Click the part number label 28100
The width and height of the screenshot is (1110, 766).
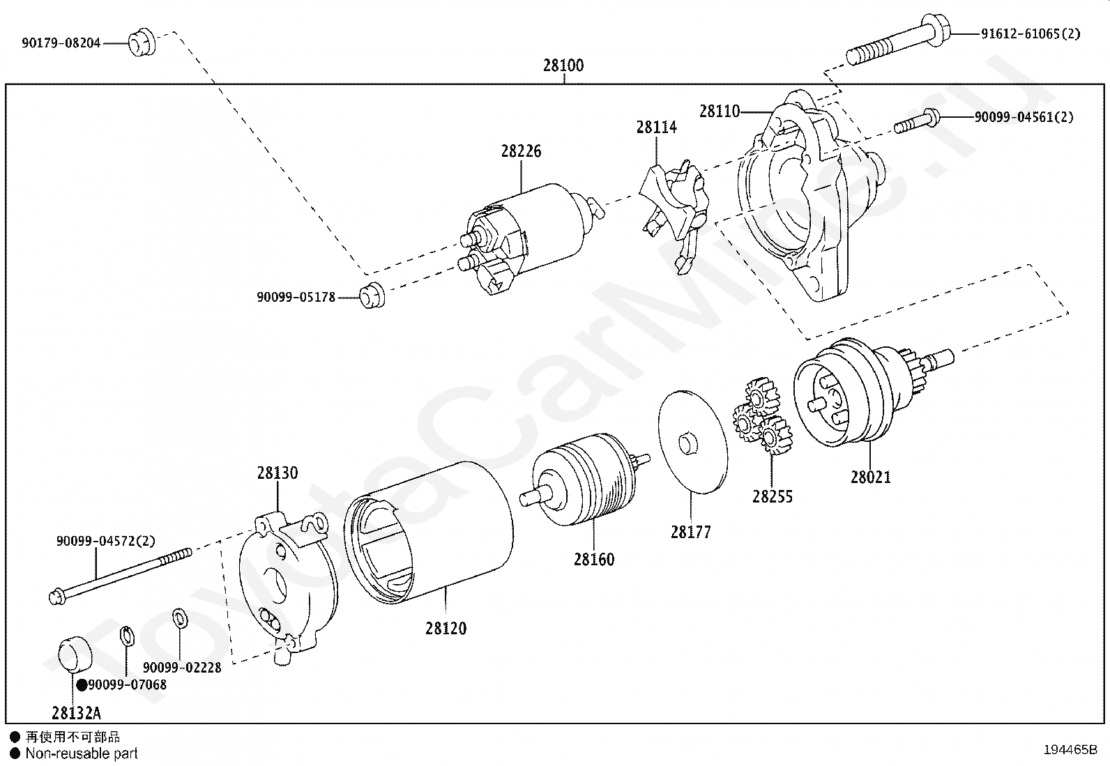point(563,66)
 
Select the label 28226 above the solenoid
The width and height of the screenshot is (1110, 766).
point(521,151)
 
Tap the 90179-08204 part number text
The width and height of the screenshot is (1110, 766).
point(61,43)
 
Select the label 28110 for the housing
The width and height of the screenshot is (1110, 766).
point(719,112)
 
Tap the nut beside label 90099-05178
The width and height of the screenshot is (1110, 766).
point(372,296)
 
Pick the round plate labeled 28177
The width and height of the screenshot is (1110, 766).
point(692,442)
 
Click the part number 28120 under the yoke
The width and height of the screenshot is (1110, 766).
point(446,628)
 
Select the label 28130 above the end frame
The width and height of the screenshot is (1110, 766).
point(277,473)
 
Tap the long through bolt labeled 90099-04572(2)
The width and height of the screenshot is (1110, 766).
point(119,575)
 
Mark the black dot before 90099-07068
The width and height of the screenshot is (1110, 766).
point(82,685)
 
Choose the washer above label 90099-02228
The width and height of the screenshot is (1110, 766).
point(178,617)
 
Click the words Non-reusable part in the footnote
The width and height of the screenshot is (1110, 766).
point(82,753)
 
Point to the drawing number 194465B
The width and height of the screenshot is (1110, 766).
point(1070,750)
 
